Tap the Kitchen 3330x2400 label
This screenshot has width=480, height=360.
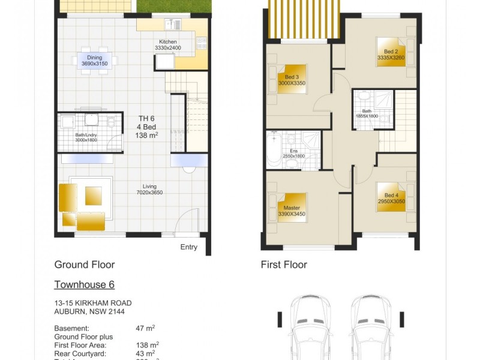pyautogui.click(x=168, y=44)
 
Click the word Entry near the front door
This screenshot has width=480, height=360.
pyautogui.click(x=188, y=247)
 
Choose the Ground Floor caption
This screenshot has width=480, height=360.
pyautogui.click(x=85, y=265)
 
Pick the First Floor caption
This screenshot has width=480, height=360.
pyautogui.click(x=284, y=265)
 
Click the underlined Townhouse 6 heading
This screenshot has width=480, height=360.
pyautogui.click(x=84, y=284)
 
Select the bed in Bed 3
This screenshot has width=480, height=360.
pyautogui.click(x=292, y=80)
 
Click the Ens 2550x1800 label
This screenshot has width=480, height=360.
pyautogui.click(x=294, y=152)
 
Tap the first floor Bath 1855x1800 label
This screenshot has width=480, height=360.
pyautogui.click(x=367, y=113)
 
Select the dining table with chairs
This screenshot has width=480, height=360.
pyautogui.click(x=94, y=60)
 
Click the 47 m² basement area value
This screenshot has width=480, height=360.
pyautogui.click(x=145, y=329)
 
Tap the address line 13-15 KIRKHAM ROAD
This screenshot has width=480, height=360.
pyautogui.click(x=93, y=303)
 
